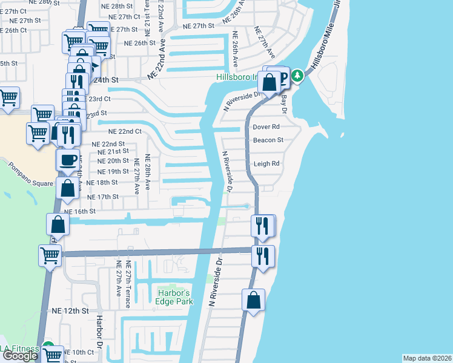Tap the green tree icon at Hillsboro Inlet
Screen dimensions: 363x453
tap(297, 76)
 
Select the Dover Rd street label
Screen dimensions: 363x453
tap(266, 127)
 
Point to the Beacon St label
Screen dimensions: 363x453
tap(268, 140)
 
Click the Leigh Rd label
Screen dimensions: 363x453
tap(266, 163)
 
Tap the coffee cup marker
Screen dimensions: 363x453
tap(67, 160)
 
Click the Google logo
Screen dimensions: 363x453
tap(19, 356)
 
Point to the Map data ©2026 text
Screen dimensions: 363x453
tap(428, 358)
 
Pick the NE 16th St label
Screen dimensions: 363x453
tap(80, 212)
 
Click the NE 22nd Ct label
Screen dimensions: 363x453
tap(124, 131)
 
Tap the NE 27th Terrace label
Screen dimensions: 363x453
tap(128, 285)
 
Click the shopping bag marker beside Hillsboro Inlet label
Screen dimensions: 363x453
tap(268, 82)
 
